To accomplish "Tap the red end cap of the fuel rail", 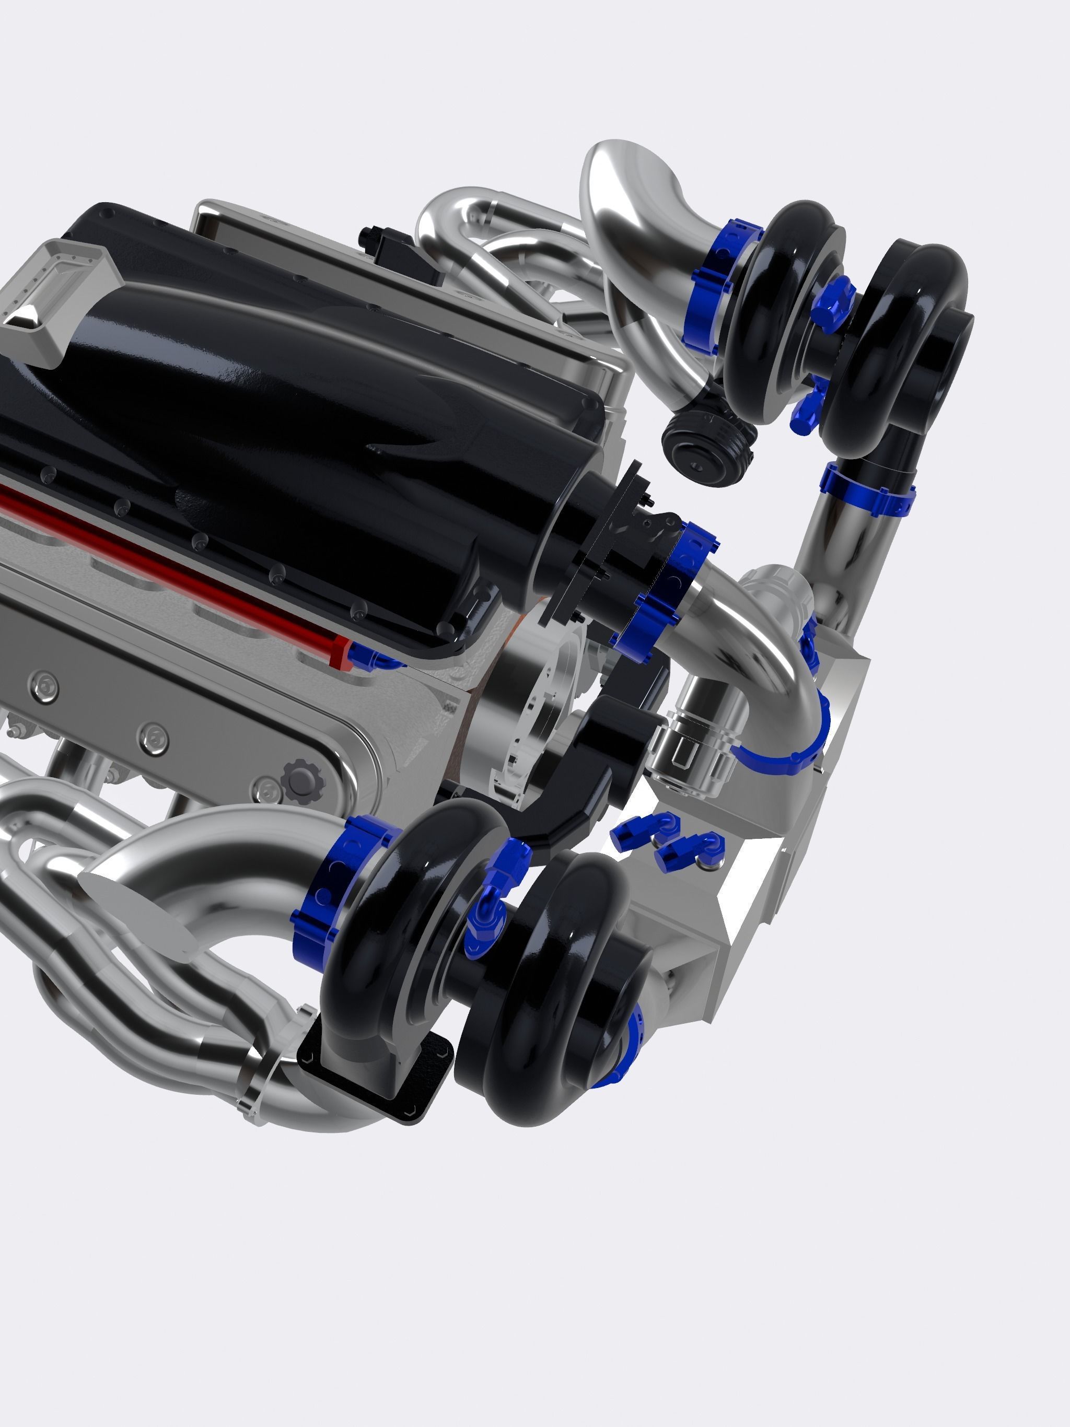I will (x=340, y=653).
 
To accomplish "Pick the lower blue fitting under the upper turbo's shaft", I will (x=807, y=400).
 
